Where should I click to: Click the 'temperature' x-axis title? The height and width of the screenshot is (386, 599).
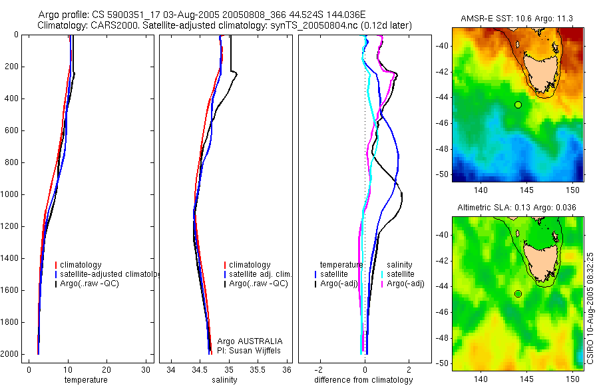tap(86, 380)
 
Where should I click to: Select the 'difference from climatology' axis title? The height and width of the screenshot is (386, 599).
tap(363, 380)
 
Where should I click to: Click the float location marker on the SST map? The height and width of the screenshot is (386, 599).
tap(518, 104)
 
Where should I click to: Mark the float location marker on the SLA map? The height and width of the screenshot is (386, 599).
tap(518, 293)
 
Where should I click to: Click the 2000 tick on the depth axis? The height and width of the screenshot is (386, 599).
tap(10, 354)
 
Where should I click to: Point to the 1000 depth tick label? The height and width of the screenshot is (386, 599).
tap(10, 194)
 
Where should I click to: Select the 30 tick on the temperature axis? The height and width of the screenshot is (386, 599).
tap(146, 369)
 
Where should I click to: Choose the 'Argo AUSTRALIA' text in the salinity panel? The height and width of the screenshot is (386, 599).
tap(245, 341)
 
